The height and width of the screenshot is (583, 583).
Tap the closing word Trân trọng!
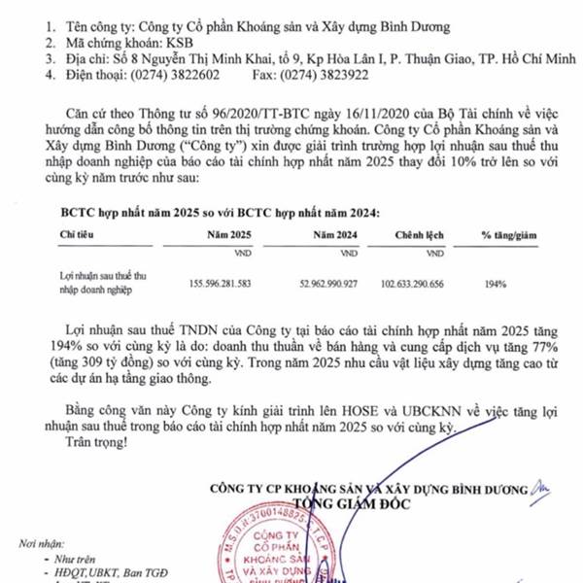click(95, 443)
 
